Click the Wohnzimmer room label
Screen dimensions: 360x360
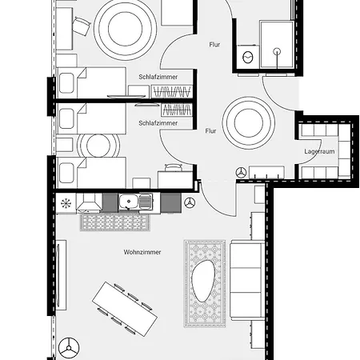pos(142,252)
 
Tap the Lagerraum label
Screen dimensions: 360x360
pos(319,151)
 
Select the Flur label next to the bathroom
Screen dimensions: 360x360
pos(214,45)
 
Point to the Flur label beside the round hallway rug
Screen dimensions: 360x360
pos(210,131)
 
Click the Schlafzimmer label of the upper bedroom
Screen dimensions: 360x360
pos(158,77)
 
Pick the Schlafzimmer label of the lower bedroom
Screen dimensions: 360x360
pos(158,123)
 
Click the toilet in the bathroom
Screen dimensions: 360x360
pos(248,57)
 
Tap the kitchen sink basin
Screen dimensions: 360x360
pos(129,202)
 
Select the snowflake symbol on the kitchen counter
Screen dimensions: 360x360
pos(66,203)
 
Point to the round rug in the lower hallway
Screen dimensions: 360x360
pos(249,122)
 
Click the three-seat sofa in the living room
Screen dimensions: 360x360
pos(246,280)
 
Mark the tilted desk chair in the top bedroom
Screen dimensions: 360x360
pos(81,26)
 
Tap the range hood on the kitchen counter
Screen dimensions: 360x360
pos(90,203)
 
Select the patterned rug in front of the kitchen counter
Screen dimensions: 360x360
pos(115,222)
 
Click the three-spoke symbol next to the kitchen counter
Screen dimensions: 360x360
pos(190,202)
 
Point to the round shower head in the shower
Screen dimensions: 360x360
pos(278,51)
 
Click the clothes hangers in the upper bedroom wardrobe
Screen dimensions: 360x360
pos(172,92)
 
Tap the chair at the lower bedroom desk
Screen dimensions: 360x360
pos(174,167)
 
